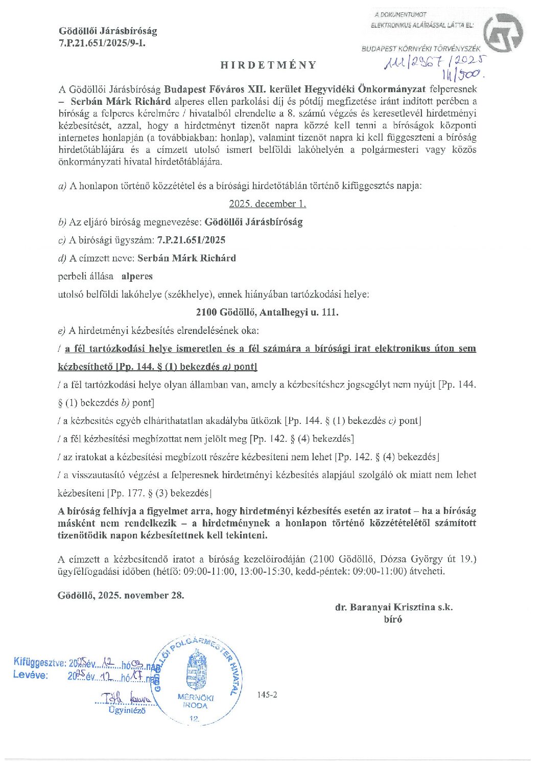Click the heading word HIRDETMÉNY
coord(269,65)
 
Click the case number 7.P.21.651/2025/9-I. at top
coord(102,43)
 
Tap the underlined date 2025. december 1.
coord(267,204)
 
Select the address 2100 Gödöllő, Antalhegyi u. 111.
coord(267,312)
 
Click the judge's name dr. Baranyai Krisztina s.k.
coord(393,607)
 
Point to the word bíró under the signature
coord(393,619)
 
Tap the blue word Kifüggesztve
coord(39,663)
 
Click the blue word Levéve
coord(30,675)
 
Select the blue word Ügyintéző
coord(127,710)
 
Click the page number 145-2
coord(267,694)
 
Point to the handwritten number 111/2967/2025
coord(434,63)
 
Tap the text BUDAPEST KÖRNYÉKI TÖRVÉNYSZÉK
coord(421,49)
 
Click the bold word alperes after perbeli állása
coord(137,276)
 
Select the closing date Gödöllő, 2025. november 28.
coord(121,595)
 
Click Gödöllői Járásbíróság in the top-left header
coord(108,31)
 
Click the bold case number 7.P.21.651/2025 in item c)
coord(191,240)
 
